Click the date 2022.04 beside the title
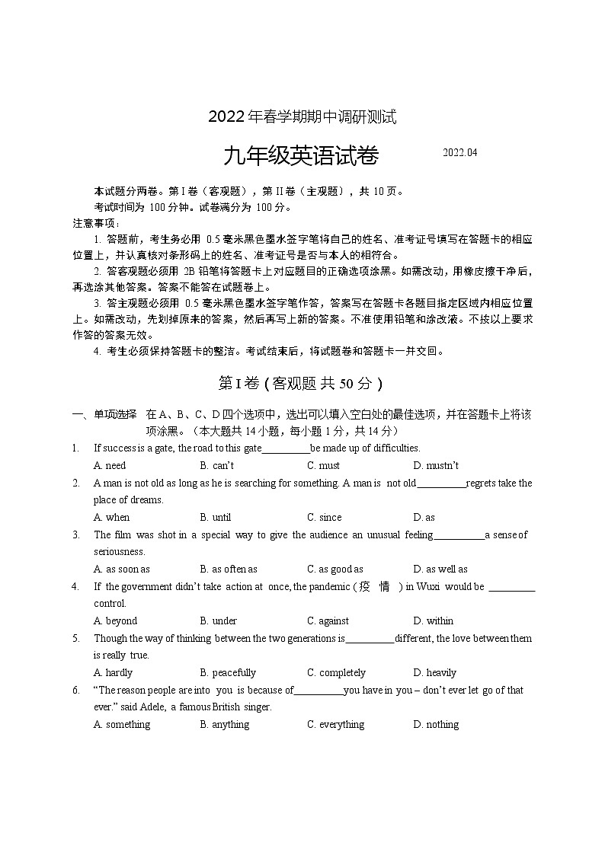point(460,153)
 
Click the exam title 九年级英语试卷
point(301,156)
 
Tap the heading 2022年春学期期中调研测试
point(302,117)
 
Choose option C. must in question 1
point(323,465)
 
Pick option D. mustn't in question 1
point(436,465)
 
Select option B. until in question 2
point(216,517)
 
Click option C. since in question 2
point(325,517)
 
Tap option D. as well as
point(440,569)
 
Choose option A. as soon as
point(122,569)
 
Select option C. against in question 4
point(328,621)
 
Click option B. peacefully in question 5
point(228,672)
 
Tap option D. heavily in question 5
point(434,672)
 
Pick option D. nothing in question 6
point(436,724)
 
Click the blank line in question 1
point(286,448)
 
